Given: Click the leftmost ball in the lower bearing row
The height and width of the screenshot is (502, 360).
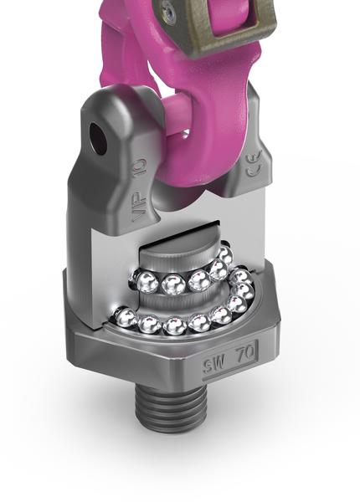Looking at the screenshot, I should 125,316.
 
